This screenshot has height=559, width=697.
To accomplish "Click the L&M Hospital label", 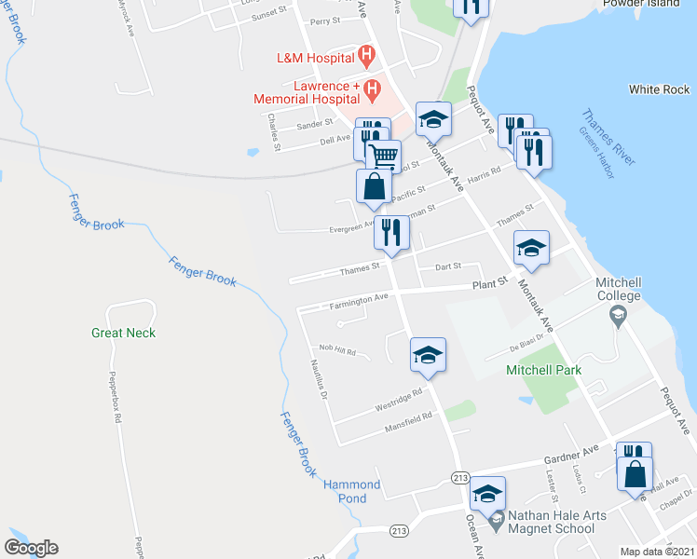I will point(315,57).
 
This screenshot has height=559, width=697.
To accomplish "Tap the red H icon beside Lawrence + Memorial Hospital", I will point(373,91).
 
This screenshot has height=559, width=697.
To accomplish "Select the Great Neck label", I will point(123,333).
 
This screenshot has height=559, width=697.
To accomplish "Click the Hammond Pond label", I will point(352,492).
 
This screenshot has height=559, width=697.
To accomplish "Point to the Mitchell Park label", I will point(543,370).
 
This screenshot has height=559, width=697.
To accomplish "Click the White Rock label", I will point(659,89).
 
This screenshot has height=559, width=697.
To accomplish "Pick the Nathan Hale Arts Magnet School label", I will point(550,522).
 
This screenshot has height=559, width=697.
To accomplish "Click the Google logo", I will point(31,548).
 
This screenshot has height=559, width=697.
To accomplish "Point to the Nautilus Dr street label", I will point(318,379).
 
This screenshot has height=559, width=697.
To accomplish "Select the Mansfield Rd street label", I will point(408,424).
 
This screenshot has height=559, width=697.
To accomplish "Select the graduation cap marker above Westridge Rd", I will point(428,353).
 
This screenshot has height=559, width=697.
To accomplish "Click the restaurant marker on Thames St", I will point(391,233).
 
